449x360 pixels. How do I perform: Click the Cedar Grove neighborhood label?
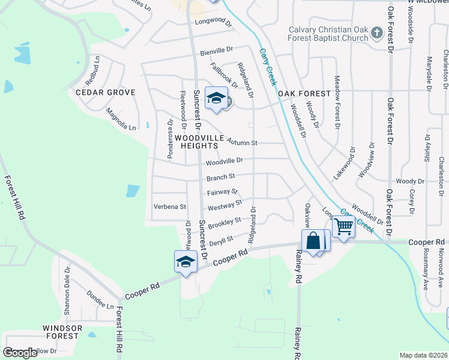(x=105, y=92)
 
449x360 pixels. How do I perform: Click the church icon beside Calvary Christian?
(x=377, y=32)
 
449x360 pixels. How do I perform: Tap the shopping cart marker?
(x=343, y=227)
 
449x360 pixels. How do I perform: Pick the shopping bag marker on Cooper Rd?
(x=313, y=241)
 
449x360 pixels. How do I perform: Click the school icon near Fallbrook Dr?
(x=215, y=98)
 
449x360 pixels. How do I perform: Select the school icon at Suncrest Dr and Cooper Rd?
(x=185, y=261)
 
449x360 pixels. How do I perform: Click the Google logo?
(x=20, y=353)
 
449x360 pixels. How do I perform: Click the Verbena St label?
(x=170, y=206)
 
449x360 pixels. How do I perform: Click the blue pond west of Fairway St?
(x=133, y=191)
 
